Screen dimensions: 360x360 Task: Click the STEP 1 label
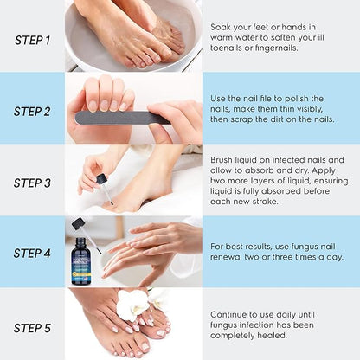(x=33, y=39)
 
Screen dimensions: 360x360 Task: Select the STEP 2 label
(x=33, y=111)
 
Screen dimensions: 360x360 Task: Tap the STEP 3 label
(x=33, y=183)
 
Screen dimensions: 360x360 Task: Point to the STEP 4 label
(x=33, y=254)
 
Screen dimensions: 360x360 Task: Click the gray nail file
(x=121, y=116)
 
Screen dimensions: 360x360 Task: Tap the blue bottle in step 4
(x=83, y=260)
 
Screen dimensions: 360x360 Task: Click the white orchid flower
(x=134, y=305)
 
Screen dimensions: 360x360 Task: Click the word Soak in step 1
(x=222, y=27)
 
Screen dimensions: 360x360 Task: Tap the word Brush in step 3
(x=224, y=160)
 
